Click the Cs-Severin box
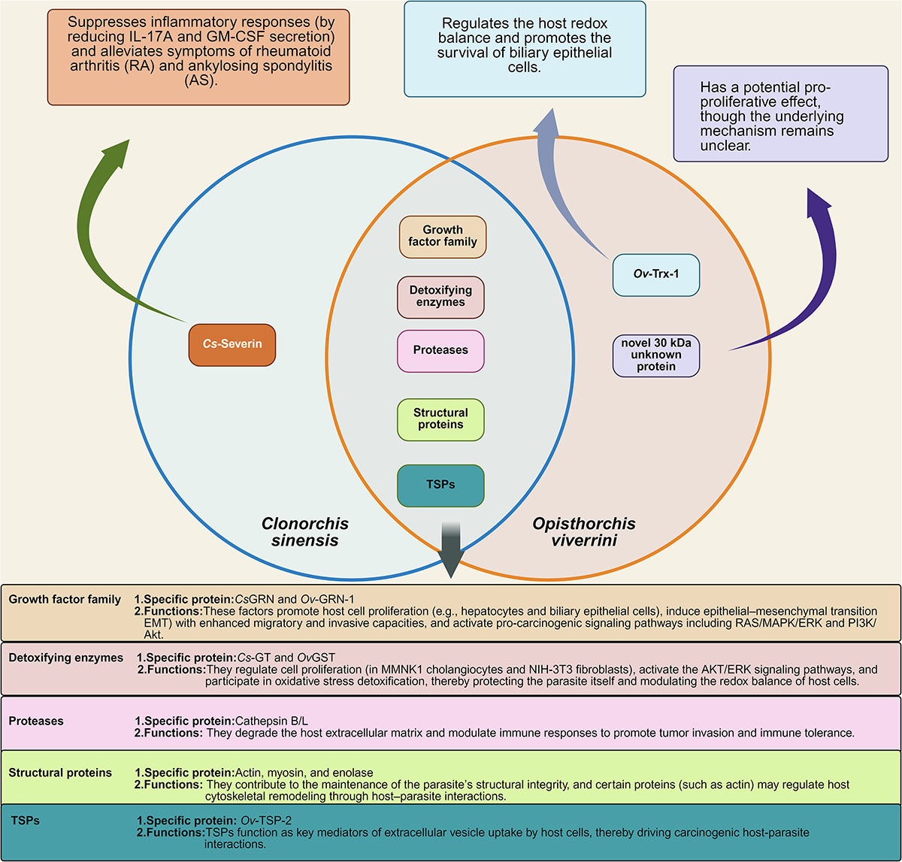(232, 345)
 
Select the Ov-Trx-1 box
(656, 276)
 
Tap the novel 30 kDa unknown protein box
(656, 355)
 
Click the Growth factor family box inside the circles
(442, 236)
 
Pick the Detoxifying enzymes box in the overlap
(441, 296)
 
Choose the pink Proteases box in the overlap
(440, 350)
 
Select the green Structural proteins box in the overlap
(440, 419)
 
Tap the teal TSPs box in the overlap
(440, 485)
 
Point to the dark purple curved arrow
(797, 286)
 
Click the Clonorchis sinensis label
(304, 531)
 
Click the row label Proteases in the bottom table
(36, 721)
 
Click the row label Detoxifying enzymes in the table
(66, 658)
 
